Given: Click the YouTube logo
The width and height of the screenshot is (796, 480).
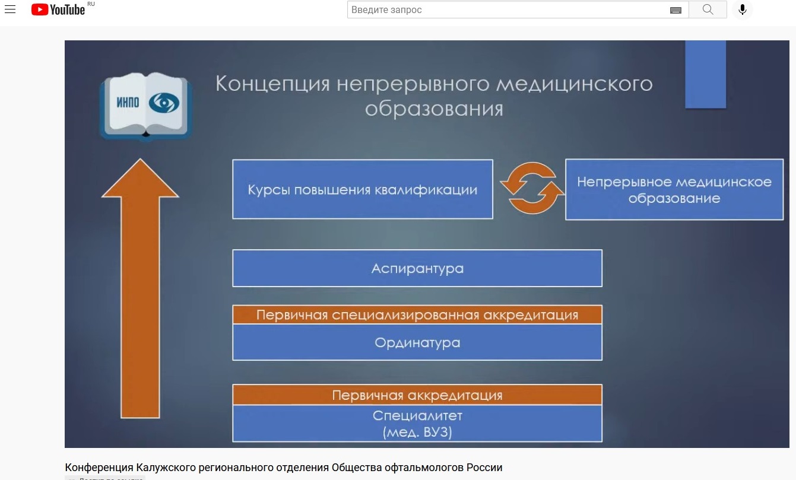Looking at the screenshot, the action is (x=58, y=9).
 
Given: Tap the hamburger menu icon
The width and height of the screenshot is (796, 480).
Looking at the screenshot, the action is (x=10, y=9).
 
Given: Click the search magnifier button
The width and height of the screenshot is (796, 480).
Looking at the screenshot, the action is (x=708, y=9).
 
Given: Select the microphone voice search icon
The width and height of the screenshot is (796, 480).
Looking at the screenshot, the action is (x=743, y=9).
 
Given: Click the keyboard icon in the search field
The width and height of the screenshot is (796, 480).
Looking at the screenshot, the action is (x=676, y=10).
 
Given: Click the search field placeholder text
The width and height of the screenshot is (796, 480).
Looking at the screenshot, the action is (x=386, y=9).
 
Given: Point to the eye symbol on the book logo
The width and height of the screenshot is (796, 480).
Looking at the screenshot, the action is (x=164, y=103).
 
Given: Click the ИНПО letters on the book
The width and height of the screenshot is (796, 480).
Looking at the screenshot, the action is (x=128, y=103).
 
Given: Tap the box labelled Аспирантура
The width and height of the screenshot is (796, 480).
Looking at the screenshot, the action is (x=417, y=268).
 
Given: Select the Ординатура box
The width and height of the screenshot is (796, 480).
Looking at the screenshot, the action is (x=417, y=342).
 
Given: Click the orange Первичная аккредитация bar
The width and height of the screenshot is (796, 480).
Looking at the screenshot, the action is (x=417, y=395).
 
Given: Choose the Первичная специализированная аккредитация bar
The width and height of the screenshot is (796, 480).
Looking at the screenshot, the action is (x=417, y=314).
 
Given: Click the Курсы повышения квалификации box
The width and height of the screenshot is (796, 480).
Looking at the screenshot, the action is (x=363, y=189).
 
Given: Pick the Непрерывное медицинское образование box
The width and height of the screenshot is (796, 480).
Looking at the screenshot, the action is (x=674, y=189).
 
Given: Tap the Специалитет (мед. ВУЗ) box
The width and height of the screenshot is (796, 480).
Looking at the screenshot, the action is (x=417, y=424).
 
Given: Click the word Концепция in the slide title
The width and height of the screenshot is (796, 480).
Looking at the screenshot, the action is (x=272, y=84).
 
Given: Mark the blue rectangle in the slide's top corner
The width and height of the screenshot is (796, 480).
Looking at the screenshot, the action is (x=705, y=74).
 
